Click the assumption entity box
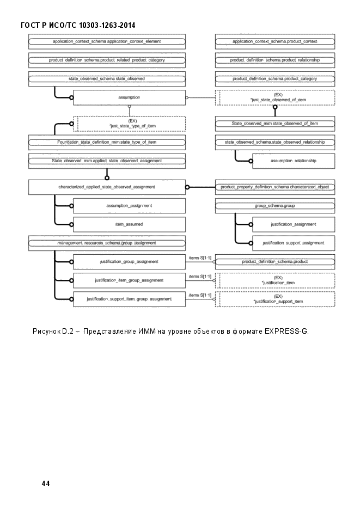(x=129, y=97)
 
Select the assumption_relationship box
(x=294, y=161)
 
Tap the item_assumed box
(x=129, y=224)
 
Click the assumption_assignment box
(x=129, y=206)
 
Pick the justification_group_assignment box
(x=129, y=262)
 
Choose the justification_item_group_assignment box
(x=129, y=280)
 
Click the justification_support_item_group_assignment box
(x=129, y=299)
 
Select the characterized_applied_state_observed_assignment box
(x=107, y=187)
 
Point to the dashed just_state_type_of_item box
(x=129, y=124)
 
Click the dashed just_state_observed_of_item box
(x=275, y=97)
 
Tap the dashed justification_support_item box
(x=275, y=299)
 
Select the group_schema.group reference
(x=275, y=206)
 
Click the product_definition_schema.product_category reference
(x=275, y=79)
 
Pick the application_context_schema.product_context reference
(x=275, y=41)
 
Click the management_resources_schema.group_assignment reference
(x=107, y=243)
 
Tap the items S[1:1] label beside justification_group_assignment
(x=200, y=258)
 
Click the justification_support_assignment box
(x=294, y=243)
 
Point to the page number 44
(x=46, y=483)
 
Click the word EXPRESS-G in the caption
(x=286, y=332)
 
